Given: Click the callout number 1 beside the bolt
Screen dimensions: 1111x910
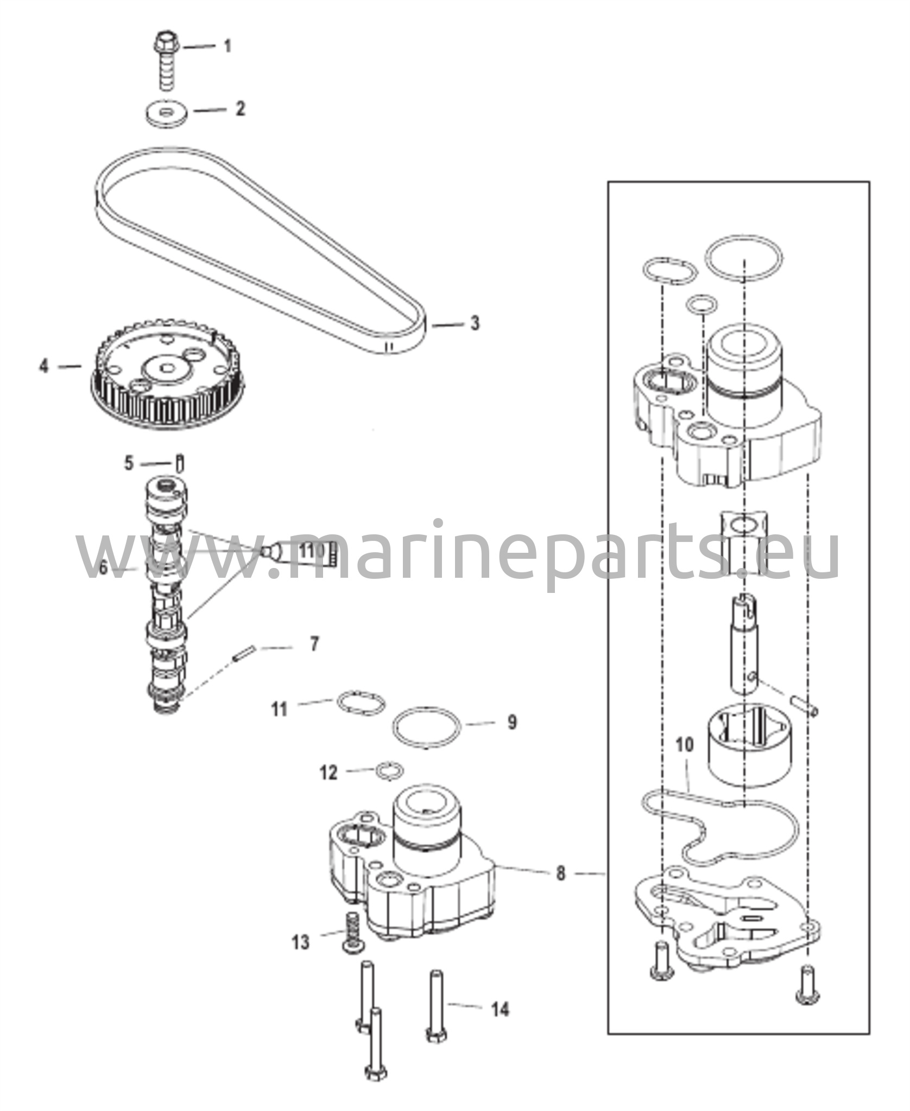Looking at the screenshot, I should pos(228,46).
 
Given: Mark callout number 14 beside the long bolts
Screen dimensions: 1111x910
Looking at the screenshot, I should pos(500,1010).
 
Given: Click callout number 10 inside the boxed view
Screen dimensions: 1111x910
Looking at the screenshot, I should pos(685,745).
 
